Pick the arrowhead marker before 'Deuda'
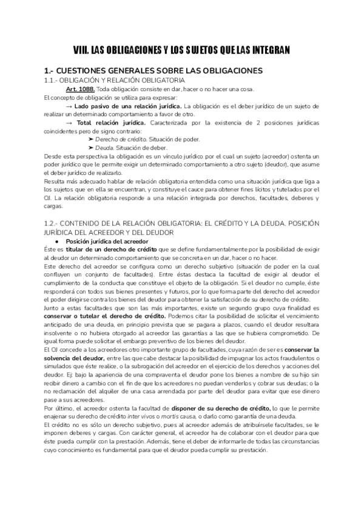tap(90, 148)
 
